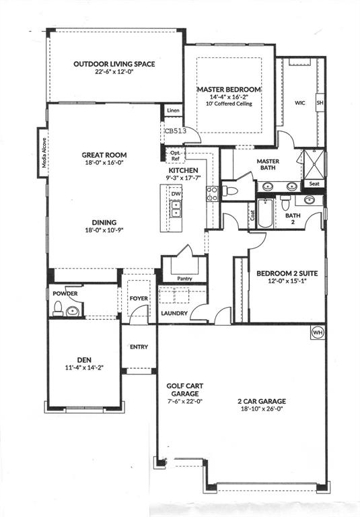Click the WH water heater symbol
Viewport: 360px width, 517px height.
[317, 332]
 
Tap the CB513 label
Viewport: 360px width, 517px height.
[176, 132]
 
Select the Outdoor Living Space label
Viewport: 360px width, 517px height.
[114, 64]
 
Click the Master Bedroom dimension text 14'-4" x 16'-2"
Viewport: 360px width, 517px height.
[229, 97]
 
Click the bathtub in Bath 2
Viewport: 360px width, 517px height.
[264, 213]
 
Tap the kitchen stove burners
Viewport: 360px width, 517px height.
[211, 194]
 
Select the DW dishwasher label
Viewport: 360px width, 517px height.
[176, 194]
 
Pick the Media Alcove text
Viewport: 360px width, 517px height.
[43, 156]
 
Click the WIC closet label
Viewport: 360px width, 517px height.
[300, 103]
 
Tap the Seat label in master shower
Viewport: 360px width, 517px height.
[314, 183]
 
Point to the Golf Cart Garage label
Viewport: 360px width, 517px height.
[184, 390]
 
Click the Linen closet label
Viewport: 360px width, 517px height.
[172, 110]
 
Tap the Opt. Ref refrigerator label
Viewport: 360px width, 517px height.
[175, 156]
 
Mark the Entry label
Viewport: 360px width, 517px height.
[139, 347]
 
